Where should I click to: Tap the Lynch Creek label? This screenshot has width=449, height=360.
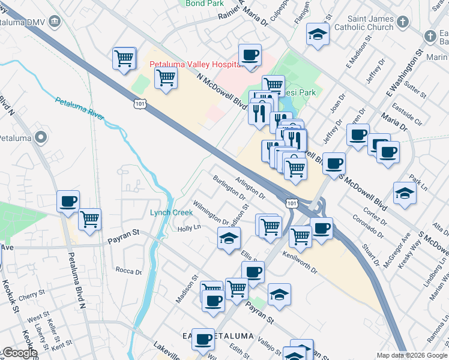(171, 212)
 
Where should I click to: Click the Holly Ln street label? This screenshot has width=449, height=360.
(188, 228)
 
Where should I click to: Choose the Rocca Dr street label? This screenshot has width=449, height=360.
(128, 271)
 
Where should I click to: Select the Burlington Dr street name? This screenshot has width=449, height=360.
(229, 188)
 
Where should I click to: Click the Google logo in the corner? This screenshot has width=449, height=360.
(19, 353)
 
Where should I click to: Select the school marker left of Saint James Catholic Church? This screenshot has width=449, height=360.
(318, 34)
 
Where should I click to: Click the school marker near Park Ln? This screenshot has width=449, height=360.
(405, 194)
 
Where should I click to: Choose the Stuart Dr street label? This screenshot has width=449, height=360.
(370, 251)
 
